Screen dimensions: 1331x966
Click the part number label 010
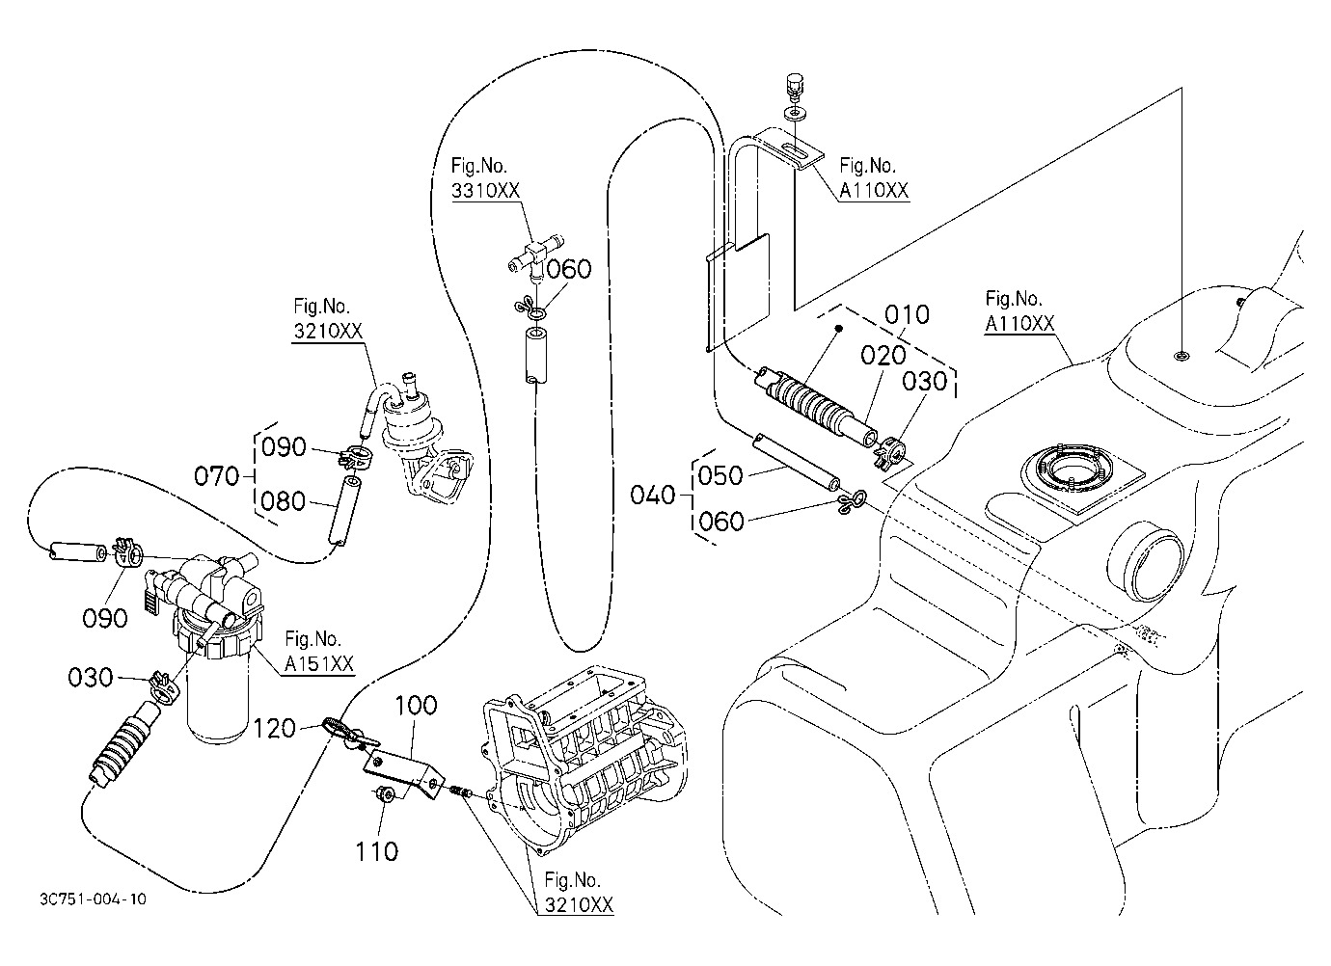[907, 315]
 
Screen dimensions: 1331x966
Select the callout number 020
[883, 356]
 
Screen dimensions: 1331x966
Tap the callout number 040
[652, 495]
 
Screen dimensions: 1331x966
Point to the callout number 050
[720, 475]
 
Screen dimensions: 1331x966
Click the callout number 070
[216, 476]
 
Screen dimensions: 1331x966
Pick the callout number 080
[284, 502]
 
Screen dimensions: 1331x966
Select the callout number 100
[416, 705]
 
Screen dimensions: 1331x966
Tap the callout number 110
[377, 852]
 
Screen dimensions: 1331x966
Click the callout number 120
[274, 729]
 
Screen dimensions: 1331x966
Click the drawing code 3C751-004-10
[93, 899]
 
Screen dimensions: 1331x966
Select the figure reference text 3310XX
[485, 191]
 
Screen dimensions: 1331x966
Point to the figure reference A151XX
[319, 663]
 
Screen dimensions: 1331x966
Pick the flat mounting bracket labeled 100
[403, 772]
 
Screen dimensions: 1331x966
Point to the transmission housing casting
[585, 763]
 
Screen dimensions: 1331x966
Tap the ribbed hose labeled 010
[815, 405]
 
